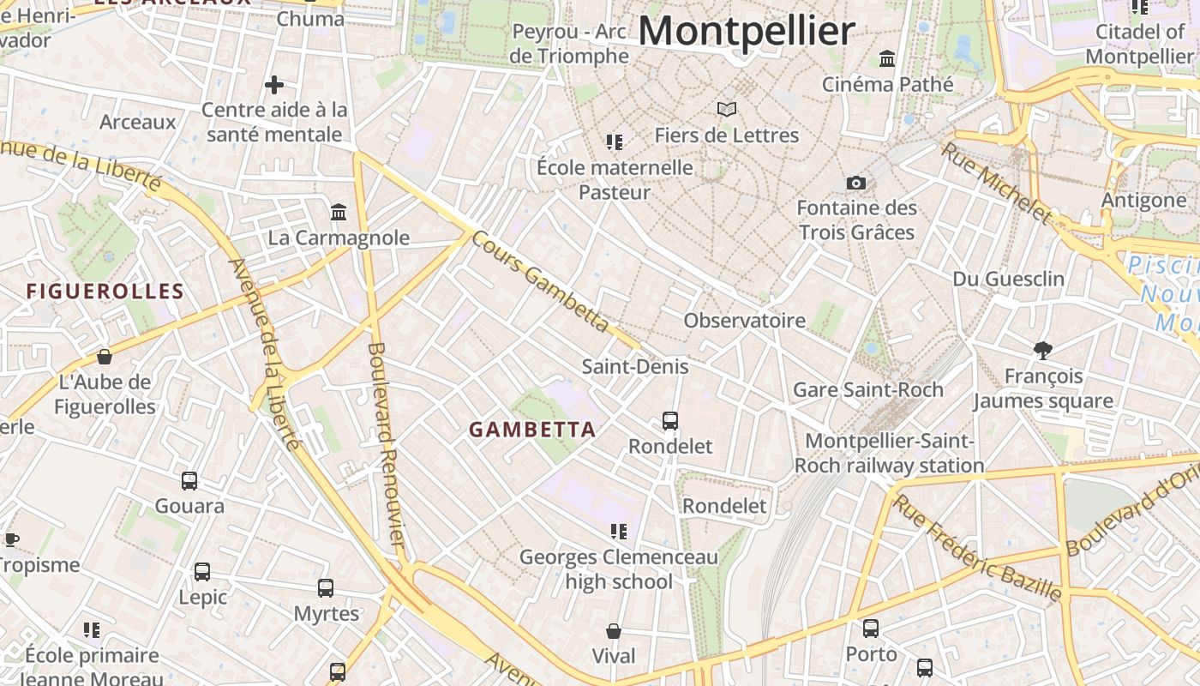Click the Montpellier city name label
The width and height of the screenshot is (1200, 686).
pos(747,31)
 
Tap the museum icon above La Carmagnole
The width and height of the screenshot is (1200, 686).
pos(339,212)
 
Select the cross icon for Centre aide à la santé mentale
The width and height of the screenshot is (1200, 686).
pos(274,85)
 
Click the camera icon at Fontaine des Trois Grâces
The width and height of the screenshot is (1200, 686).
pos(855,183)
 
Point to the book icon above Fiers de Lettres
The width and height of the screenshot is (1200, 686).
pos(727,109)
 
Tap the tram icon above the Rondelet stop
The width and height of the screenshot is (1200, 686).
pos(670,421)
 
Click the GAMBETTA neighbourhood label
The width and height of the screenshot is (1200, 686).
pos(532,430)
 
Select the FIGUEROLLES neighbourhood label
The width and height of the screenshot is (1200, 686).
pos(105,292)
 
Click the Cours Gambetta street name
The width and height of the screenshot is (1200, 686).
pos(540,281)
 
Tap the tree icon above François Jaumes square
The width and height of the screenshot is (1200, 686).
pos(1043,350)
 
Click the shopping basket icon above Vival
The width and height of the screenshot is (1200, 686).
pos(614,631)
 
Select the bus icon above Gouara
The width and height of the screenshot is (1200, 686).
pos(189,481)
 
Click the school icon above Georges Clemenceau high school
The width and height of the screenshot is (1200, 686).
pos(618,532)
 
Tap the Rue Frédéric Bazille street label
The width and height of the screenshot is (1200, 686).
pos(977,547)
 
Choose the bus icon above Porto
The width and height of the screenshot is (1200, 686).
pos(871,629)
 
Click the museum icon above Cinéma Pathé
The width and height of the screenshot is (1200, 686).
pos(887,58)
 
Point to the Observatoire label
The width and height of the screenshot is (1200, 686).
pos(744,321)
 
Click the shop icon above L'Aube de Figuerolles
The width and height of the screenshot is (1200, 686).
pos(105,356)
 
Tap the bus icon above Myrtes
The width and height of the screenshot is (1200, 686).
pos(326,588)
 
